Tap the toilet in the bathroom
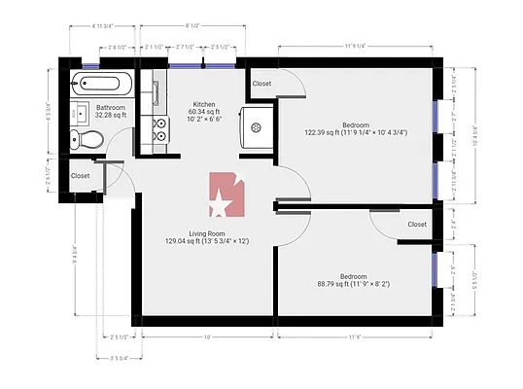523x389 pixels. [89, 139]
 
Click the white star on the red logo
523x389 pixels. [221, 205]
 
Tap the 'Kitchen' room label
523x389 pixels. [204, 103]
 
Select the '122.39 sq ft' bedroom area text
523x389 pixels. [326, 132]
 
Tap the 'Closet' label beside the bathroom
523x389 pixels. [80, 176]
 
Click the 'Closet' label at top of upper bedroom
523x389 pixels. [261, 84]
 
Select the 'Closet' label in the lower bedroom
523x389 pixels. [416, 225]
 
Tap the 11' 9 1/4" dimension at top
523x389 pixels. [357, 44]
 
